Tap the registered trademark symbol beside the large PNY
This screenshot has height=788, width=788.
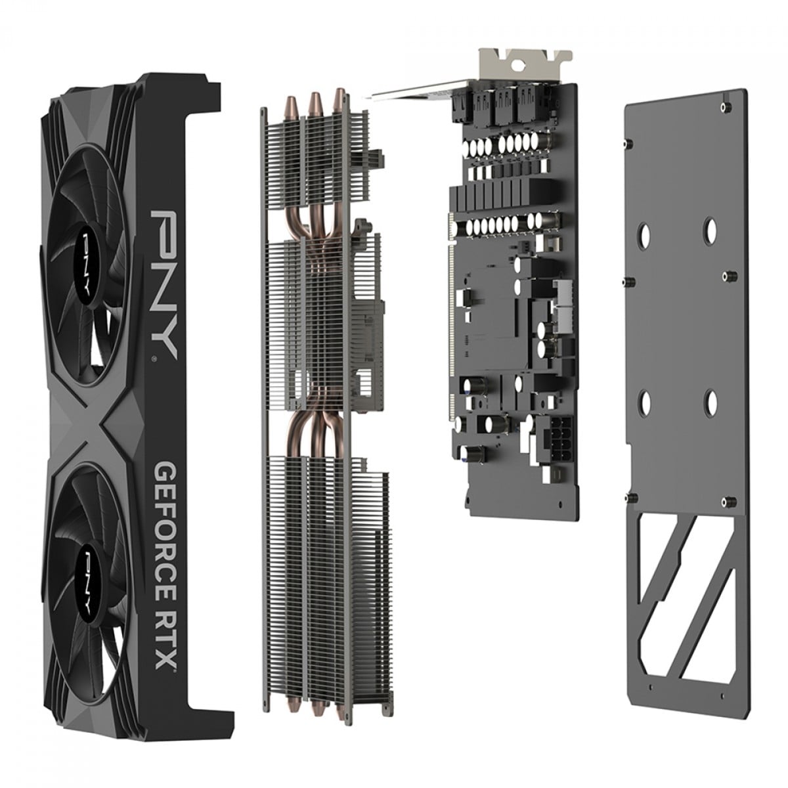click(x=154, y=359)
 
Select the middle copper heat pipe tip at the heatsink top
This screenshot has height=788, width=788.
click(x=315, y=102)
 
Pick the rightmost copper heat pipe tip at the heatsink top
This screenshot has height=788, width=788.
click(x=339, y=98)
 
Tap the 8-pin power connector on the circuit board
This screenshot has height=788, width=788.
click(x=554, y=439)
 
